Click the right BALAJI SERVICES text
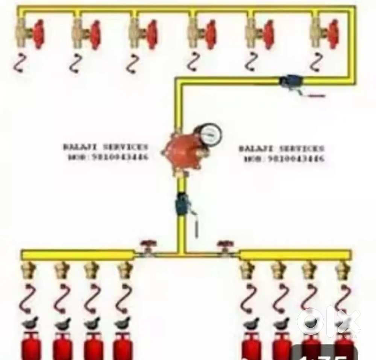pyautogui.click(x=281, y=148)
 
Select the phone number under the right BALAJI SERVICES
pyautogui.click(x=284, y=159)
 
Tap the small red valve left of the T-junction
pyautogui.click(x=146, y=248)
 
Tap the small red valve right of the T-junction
pyautogui.click(x=224, y=248)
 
